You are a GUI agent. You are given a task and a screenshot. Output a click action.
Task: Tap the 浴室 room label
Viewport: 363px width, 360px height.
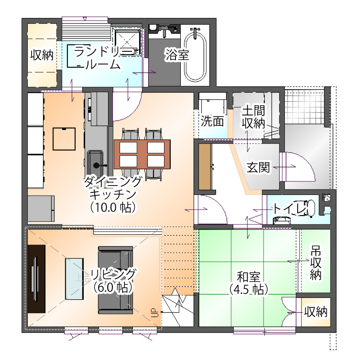point(177,55)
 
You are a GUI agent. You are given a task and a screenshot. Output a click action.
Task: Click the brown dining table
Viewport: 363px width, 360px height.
point(142,154)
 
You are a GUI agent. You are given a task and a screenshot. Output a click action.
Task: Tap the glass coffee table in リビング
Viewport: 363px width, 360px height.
point(74,279)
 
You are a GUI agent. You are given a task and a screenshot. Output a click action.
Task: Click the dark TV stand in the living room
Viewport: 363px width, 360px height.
point(36,279)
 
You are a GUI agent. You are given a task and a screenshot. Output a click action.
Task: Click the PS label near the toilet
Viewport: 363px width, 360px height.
point(326,198)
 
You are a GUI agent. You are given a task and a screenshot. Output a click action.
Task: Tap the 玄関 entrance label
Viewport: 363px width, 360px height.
point(258,167)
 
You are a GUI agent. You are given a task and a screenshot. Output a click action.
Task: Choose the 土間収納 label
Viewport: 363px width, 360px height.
point(254,117)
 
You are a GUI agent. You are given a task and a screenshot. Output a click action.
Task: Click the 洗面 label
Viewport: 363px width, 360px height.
point(212,121)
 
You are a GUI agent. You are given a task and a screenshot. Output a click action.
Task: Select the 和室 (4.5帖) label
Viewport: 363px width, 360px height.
point(249,283)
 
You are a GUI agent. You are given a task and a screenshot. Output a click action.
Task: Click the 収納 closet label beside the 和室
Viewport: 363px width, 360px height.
point(316,311)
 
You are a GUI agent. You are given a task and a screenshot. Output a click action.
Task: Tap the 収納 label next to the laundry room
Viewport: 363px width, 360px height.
point(42,55)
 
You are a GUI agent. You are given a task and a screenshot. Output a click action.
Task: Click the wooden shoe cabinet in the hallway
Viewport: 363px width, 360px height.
point(205,167)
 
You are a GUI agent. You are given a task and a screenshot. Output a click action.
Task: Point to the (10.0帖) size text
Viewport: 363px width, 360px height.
point(113,207)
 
